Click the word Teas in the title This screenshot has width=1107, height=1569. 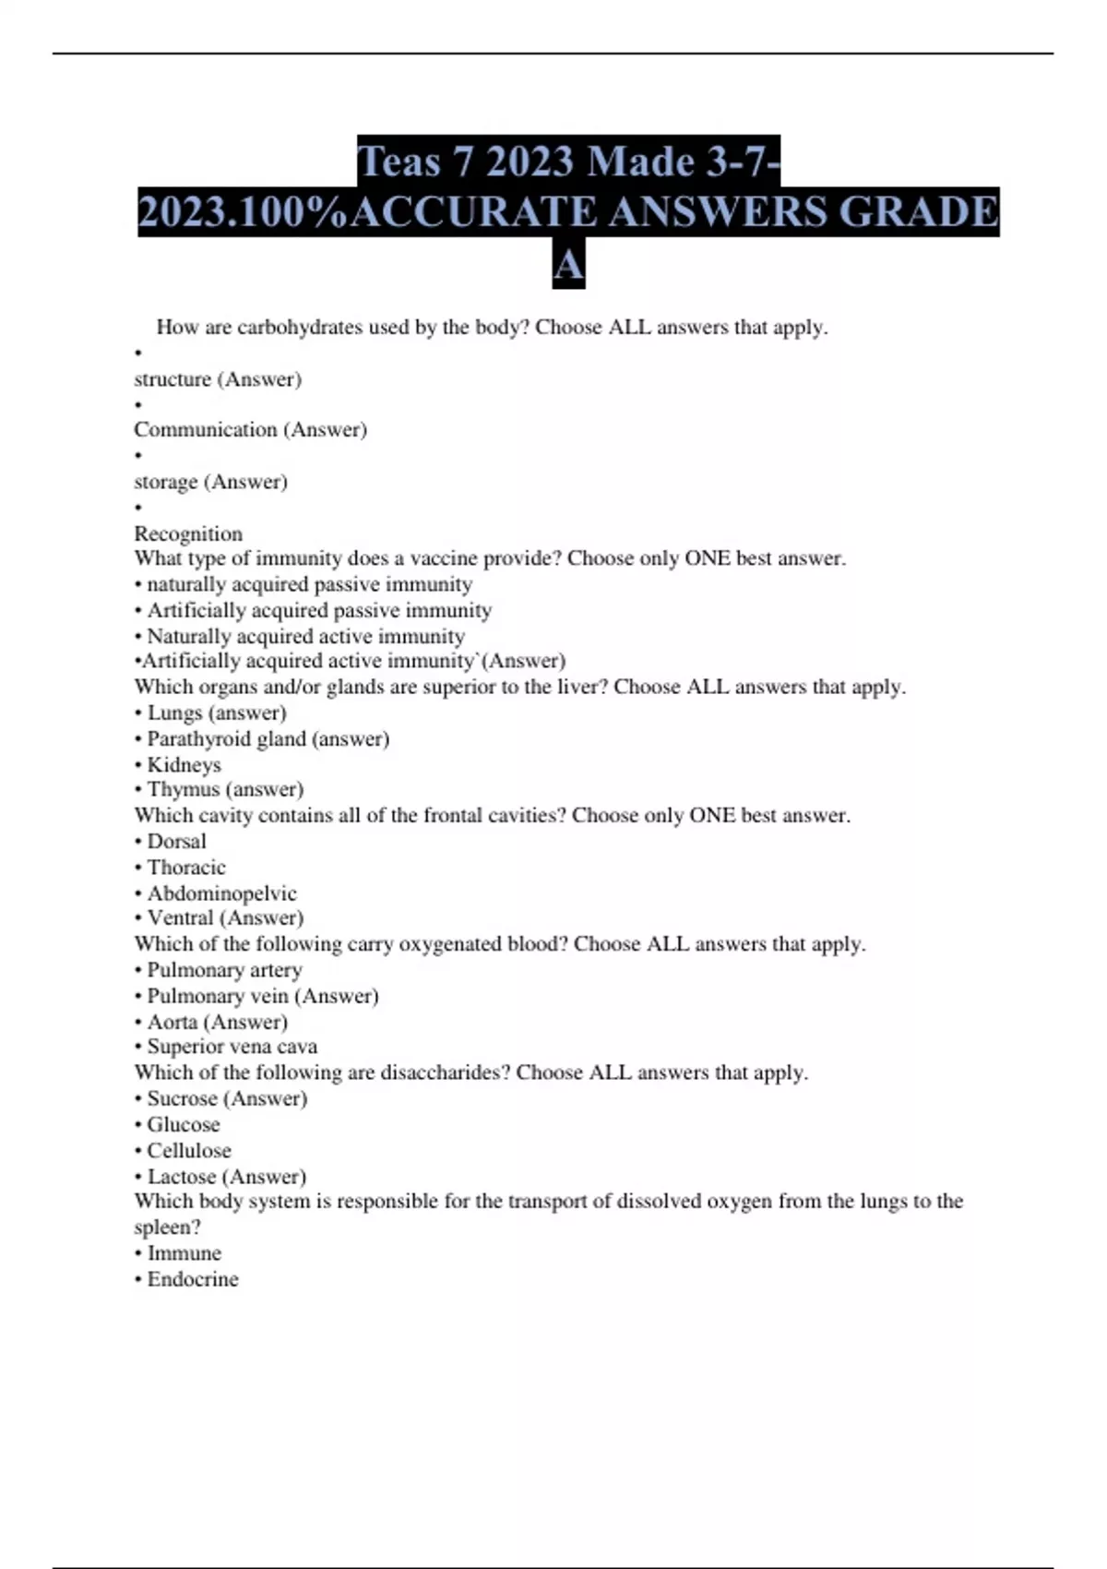[399, 162]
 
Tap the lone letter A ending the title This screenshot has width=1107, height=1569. [568, 266]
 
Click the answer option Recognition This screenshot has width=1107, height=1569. [188, 534]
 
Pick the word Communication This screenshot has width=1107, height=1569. [205, 430]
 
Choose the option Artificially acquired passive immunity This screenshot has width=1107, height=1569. [319, 611]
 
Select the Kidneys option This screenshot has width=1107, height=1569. [184, 765]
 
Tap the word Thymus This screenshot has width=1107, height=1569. [182, 790]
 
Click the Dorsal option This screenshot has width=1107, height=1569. [176, 842]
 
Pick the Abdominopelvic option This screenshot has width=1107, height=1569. [221, 893]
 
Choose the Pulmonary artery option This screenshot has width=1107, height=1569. [224, 970]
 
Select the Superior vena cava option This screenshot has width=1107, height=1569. [232, 1047]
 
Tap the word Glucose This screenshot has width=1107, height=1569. [184, 1125]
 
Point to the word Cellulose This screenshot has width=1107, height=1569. [189, 1151]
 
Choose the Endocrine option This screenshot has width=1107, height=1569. [192, 1280]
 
